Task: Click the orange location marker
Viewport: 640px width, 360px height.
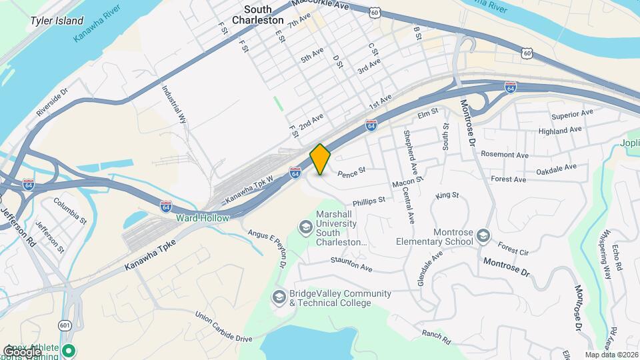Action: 321,159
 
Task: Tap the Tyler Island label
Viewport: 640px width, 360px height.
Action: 57,21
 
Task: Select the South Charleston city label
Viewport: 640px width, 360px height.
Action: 257,15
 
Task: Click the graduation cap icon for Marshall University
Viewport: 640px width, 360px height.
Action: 305,228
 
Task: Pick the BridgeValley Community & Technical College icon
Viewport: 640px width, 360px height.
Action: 279,295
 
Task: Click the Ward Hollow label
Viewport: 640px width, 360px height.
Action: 202,218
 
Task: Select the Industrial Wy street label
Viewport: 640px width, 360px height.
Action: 173,104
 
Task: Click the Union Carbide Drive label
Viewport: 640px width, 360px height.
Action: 223,326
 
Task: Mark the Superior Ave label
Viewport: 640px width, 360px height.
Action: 571,113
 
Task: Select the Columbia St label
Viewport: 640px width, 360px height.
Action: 70,209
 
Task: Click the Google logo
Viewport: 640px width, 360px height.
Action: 21,351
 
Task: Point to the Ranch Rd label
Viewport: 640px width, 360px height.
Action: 436,337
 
